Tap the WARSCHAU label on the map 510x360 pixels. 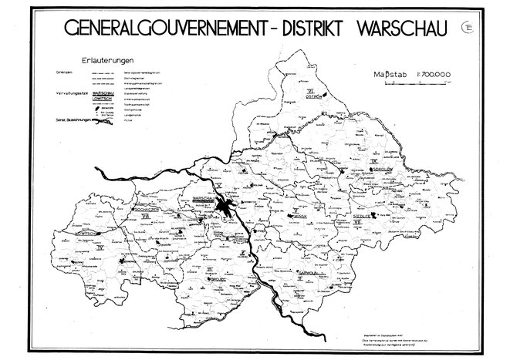(201, 198)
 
